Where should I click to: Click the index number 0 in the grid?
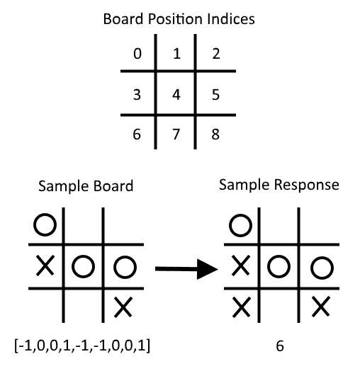click(137, 54)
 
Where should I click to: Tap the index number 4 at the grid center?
click(176, 95)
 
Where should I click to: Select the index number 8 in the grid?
click(215, 135)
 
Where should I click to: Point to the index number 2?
click(216, 54)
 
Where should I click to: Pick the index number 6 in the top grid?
click(137, 135)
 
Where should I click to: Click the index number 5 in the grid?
click(215, 95)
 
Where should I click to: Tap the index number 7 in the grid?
click(176, 135)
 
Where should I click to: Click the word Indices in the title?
click(231, 19)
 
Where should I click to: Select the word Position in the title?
click(175, 19)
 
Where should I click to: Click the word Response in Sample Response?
click(307, 185)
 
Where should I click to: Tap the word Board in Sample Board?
click(113, 186)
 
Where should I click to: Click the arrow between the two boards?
click(186, 269)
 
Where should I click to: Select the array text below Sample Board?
click(82, 346)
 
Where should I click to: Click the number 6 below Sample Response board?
click(280, 346)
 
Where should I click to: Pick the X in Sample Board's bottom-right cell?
click(123, 307)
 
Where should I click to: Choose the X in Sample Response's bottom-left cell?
click(242, 307)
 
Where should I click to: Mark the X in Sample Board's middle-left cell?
click(45, 266)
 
